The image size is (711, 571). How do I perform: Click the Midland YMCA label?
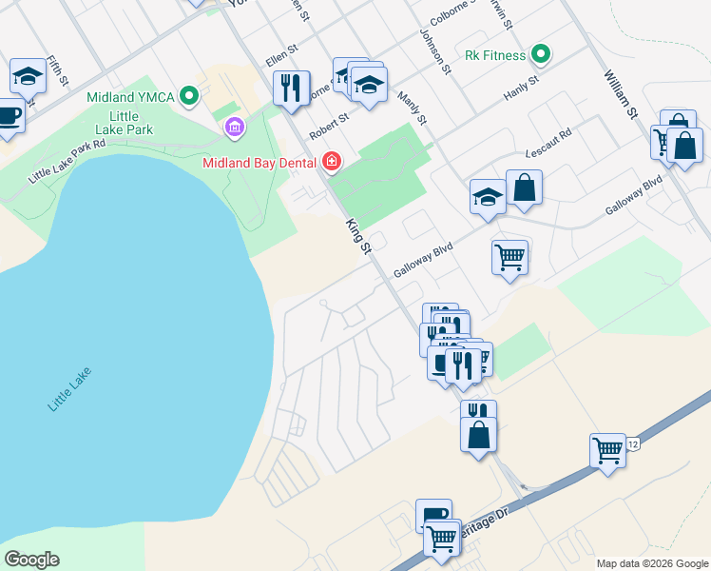click(129, 96)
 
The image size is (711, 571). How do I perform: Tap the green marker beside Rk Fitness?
click(541, 54)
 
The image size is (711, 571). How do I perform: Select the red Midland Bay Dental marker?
click(331, 162)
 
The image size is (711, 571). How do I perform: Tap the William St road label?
click(619, 93)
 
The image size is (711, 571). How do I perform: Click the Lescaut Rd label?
click(548, 145)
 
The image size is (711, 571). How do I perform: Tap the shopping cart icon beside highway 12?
click(607, 451)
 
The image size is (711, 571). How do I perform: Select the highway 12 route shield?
click(633, 443)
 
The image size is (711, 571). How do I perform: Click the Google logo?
click(32, 560)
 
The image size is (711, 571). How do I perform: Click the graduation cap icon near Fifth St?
click(28, 76)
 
